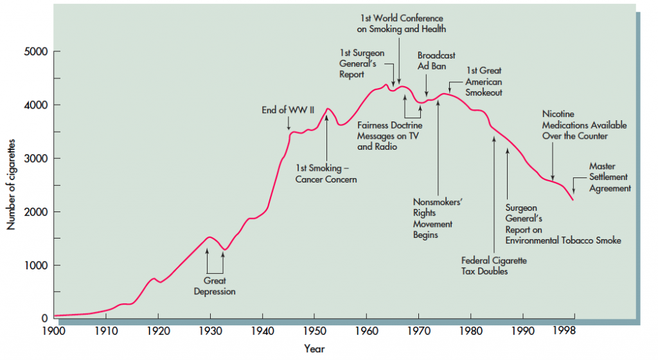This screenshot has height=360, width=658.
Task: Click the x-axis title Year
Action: [x=314, y=349]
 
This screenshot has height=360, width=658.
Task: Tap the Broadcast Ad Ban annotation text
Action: [x=436, y=60]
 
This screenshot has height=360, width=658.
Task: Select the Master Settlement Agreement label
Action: [x=610, y=177]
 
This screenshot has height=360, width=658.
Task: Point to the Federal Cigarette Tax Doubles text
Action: [x=493, y=265]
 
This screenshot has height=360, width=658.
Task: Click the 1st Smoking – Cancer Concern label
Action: [x=326, y=174]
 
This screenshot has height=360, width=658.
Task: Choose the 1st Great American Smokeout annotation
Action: [x=484, y=82]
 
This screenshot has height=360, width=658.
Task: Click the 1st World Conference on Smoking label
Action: [x=402, y=24]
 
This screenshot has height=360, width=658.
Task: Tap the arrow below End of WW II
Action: [x=288, y=123]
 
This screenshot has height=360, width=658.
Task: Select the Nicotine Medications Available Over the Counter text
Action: [x=584, y=125]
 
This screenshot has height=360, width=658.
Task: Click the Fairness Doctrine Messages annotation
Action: [x=389, y=136]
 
